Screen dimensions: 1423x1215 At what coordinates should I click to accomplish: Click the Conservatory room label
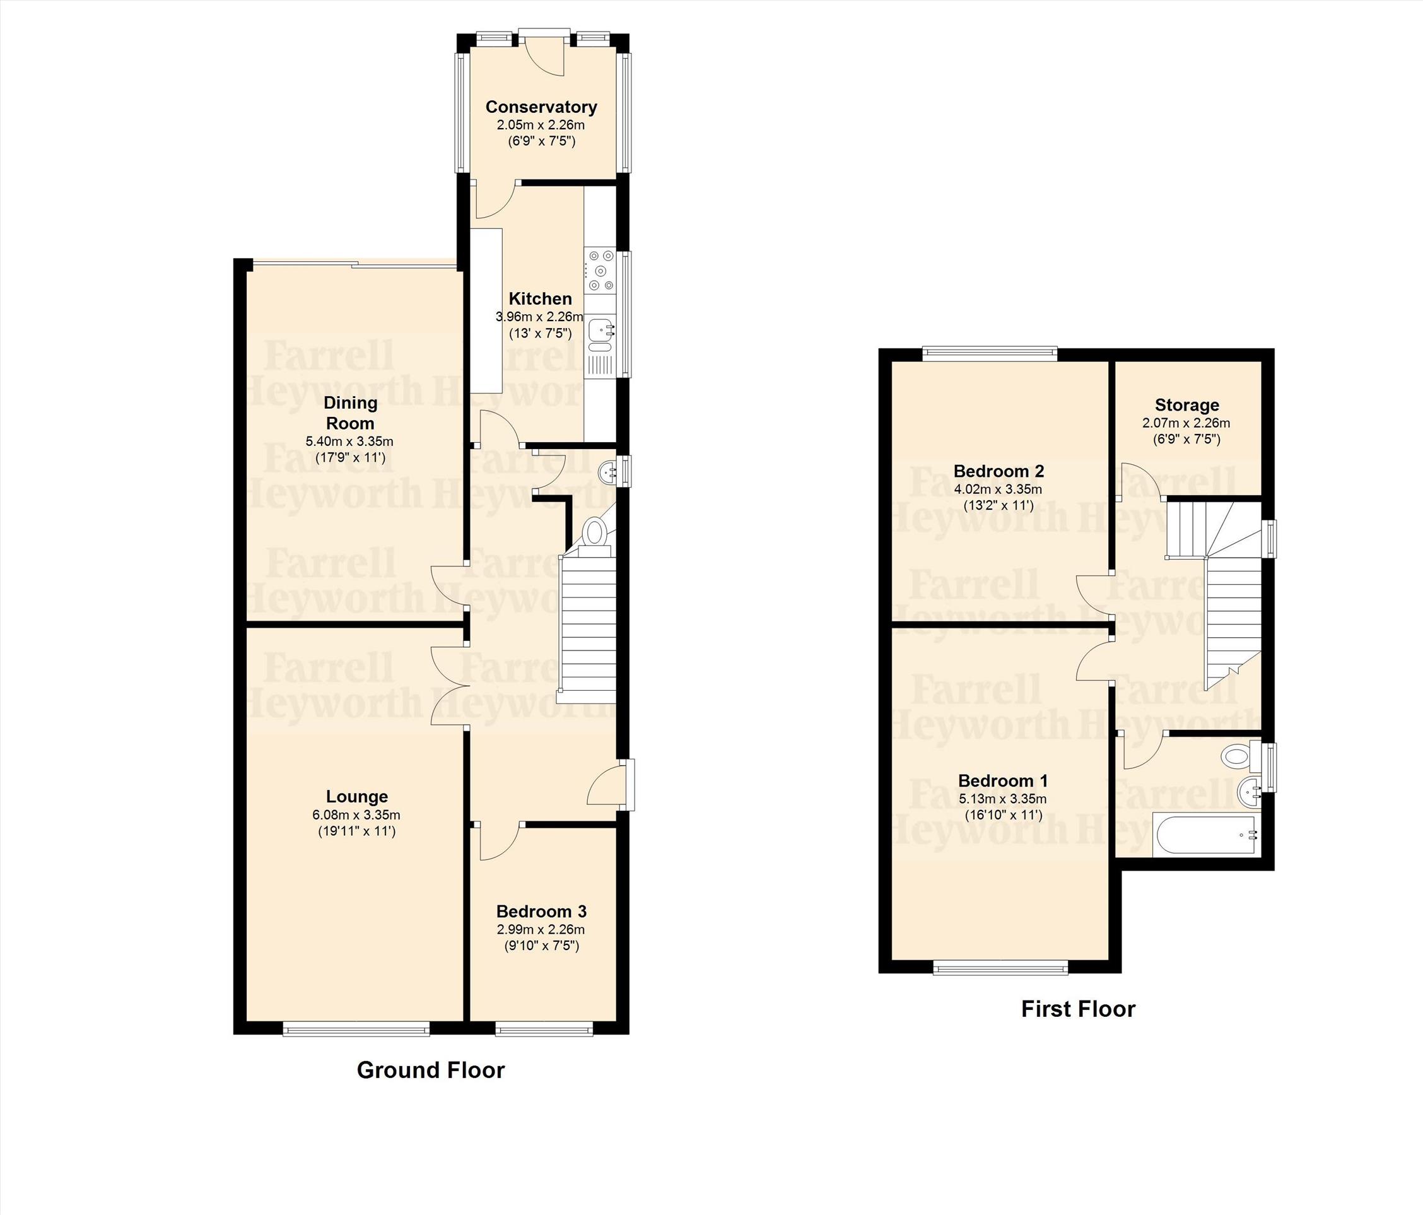541,107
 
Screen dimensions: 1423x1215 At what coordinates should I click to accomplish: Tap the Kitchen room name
540,299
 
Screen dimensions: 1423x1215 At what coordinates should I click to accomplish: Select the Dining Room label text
350,413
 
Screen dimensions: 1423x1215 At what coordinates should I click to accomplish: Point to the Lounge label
356,797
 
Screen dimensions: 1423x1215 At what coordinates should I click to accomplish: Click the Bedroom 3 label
541,912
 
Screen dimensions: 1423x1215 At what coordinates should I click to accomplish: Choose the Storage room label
1186,405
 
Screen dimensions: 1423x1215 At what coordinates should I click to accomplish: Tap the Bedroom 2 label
998,471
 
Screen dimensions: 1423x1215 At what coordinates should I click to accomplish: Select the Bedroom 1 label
1003,781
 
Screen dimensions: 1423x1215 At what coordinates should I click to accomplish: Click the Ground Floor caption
431,1070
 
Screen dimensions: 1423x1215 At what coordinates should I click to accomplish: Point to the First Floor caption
1078,1009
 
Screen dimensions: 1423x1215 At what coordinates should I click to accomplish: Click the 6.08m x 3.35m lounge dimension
356,815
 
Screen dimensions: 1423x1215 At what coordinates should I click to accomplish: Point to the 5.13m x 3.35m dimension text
1003,799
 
